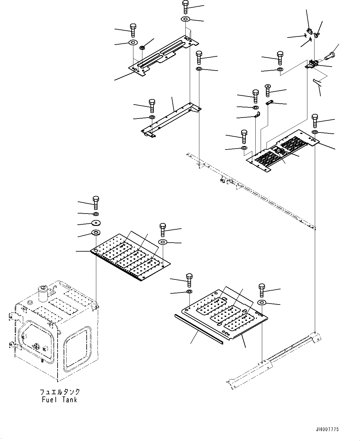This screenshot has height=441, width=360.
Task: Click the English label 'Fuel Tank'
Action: click(59, 400)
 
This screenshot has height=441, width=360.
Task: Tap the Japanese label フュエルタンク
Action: click(59, 392)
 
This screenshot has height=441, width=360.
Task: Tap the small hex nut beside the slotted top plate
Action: click(142, 48)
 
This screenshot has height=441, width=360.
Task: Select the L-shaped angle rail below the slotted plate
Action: click(170, 119)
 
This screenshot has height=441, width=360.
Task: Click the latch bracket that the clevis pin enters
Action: click(313, 64)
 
